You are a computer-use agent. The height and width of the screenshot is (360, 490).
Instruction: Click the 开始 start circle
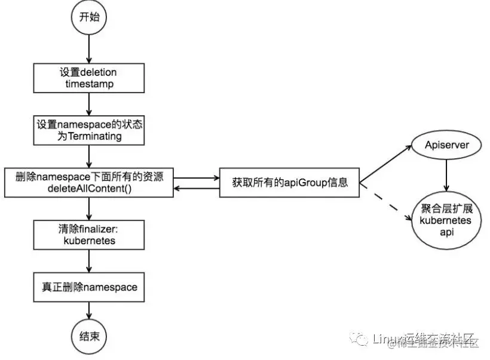[88, 17]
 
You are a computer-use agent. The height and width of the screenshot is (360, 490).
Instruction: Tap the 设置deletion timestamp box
[88, 78]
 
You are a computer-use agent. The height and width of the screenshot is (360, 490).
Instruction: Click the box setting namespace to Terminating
[88, 130]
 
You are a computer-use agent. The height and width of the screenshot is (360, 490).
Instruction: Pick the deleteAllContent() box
[88, 182]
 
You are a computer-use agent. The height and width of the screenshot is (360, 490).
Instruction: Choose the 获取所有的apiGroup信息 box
[290, 182]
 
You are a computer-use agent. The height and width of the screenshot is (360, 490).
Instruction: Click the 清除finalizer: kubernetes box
[88, 235]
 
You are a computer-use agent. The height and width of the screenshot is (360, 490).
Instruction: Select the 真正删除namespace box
[88, 287]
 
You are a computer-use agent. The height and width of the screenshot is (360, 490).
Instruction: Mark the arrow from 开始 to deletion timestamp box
[88, 48]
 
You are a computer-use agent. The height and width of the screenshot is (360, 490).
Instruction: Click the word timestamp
[88, 84]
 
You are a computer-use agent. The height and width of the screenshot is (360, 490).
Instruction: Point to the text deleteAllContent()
[88, 188]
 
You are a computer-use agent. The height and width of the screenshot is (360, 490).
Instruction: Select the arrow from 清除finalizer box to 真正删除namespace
[88, 261]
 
